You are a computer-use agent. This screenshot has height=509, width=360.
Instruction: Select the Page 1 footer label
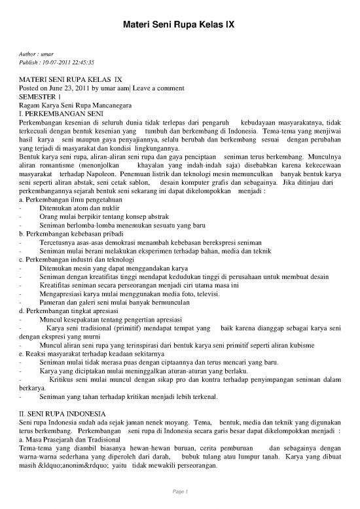[x=180, y=491]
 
